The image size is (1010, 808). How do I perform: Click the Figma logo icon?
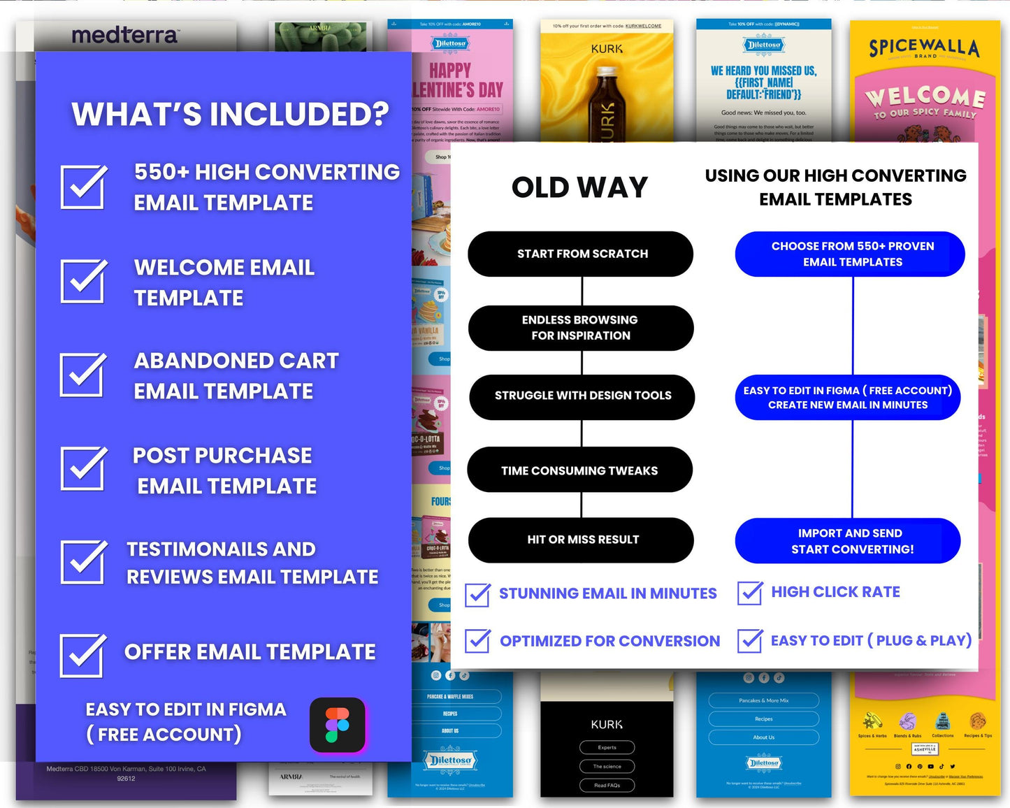pos(338,725)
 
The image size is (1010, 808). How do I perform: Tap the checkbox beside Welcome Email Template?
pos(83,281)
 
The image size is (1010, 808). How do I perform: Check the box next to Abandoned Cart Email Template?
pos(83,375)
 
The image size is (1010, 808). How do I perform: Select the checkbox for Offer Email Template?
pos(82,656)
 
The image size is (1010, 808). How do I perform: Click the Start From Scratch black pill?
pos(580,254)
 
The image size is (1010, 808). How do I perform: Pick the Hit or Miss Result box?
pos(581,540)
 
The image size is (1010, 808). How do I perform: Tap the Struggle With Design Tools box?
pos(582,396)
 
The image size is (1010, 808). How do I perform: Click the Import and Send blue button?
pos(848,541)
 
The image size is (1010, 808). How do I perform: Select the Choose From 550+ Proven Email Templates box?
pos(850,254)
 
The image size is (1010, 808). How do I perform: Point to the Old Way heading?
pos(579,187)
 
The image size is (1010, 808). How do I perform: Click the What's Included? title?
pos(230,114)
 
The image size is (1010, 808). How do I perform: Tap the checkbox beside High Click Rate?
pos(750,593)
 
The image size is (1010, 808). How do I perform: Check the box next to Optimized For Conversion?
pos(477,640)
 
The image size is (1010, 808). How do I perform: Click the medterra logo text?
pos(124,35)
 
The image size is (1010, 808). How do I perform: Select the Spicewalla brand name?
pos(923,48)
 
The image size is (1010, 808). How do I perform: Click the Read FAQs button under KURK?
pos(607,785)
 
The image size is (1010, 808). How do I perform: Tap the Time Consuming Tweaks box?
pos(579,470)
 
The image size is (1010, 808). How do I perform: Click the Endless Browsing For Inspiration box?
pos(580,328)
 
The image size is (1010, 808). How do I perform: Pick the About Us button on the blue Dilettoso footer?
pos(763,737)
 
